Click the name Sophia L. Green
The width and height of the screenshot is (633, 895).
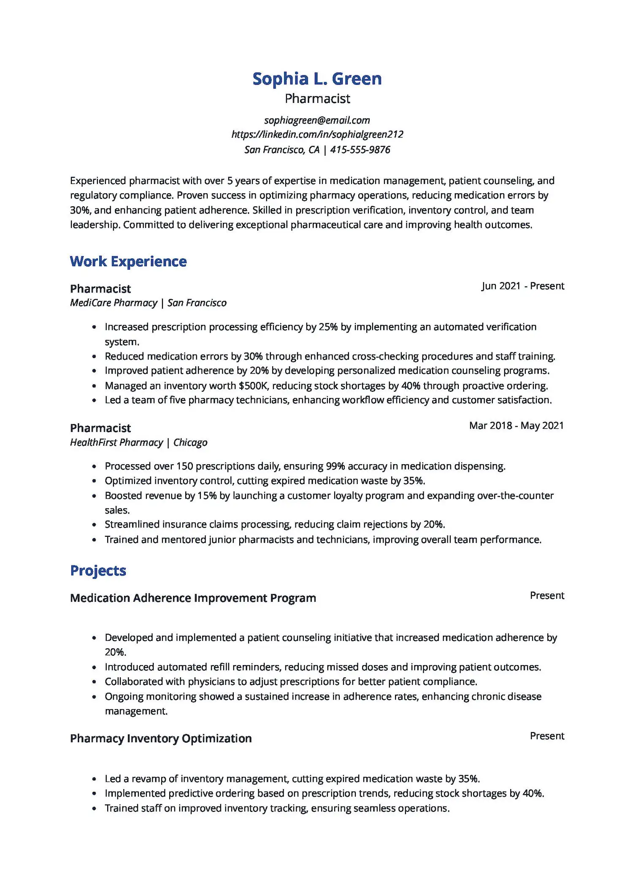coord(317,79)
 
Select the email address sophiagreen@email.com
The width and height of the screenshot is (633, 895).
coord(317,120)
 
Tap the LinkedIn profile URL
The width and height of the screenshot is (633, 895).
coord(317,135)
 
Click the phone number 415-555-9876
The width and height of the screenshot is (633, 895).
coord(360,150)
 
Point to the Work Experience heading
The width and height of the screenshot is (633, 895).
coord(128,262)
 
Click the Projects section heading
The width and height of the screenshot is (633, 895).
coord(98,571)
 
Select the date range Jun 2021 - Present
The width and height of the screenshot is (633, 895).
coord(522,286)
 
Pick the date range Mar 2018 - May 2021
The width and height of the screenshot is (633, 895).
coord(516,425)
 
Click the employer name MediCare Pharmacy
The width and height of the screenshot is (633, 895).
coord(114,303)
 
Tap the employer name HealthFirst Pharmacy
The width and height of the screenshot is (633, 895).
coord(116,443)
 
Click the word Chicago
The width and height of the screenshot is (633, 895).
coord(190,443)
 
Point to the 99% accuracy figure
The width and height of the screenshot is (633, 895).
coord(335,466)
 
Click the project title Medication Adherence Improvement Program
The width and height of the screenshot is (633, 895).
coord(193,598)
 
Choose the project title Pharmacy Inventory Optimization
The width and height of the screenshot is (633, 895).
coord(161,738)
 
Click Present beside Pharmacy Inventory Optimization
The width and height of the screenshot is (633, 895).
coord(547,736)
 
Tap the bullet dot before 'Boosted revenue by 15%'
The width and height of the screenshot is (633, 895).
coord(94,496)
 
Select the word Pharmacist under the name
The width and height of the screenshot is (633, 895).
coord(317,99)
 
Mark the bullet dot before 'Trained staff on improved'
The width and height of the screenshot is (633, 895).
coord(94,808)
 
